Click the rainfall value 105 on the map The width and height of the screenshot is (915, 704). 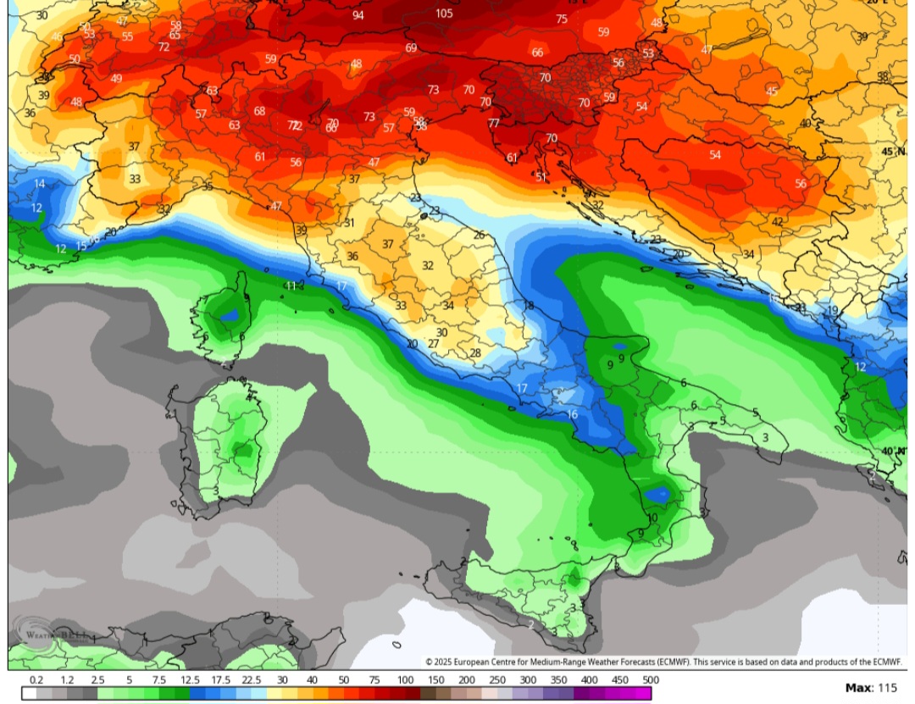coord(444,14)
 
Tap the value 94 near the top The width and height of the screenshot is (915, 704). coord(358,15)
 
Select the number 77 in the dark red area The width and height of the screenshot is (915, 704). coord(493,124)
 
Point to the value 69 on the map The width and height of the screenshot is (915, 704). coord(411,48)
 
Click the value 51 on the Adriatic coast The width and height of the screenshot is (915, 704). coord(541,177)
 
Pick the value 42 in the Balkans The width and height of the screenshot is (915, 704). coord(777,222)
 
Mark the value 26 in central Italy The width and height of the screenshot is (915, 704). coord(479,236)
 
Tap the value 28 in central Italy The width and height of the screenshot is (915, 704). coord(475,353)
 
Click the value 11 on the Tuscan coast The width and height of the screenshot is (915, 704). coord(291,286)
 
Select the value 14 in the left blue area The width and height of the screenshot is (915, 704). coord(39,184)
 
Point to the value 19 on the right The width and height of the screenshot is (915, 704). coord(832,311)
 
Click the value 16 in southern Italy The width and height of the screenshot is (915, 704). coord(573,414)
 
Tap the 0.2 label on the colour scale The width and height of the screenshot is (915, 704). coord(36,680)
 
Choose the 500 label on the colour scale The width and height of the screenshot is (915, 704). coord(650,680)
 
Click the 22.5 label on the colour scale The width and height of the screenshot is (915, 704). coord(250,680)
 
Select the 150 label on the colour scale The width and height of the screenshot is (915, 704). coord(435,680)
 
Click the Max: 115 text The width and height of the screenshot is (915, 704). coord(872,688)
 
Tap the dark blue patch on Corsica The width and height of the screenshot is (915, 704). coord(228,315)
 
